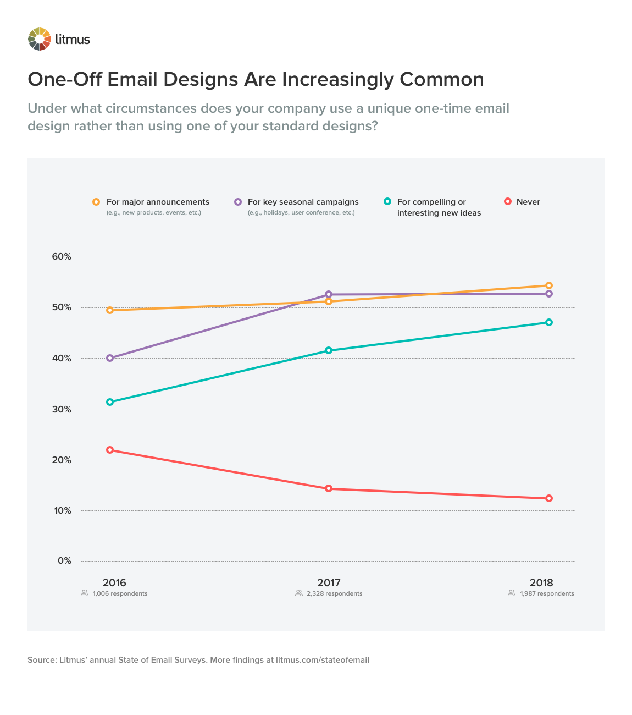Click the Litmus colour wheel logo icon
click(40, 39)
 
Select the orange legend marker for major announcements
click(96, 202)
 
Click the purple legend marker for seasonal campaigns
click(238, 202)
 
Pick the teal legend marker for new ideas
click(387, 202)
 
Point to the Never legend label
click(528, 202)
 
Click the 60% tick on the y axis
click(62, 257)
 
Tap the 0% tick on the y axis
click(64, 561)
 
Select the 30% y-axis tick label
click(62, 409)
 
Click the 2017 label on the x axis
click(329, 582)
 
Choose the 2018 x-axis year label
click(541, 582)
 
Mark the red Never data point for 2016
click(110, 450)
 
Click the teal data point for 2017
click(329, 350)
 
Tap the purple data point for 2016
click(110, 358)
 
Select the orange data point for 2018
click(548, 285)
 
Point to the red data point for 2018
click(548, 498)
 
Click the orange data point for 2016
click(110, 310)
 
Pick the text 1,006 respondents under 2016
click(120, 594)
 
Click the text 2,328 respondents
click(334, 594)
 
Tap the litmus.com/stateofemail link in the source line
click(323, 660)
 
